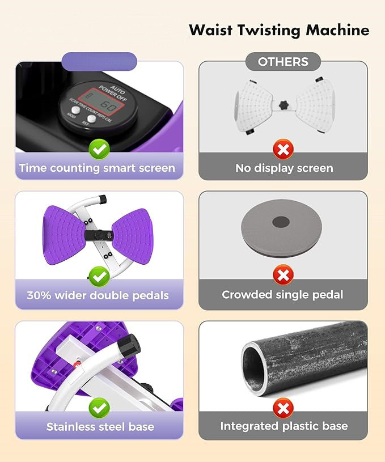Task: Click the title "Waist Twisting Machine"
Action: pyautogui.click(x=279, y=31)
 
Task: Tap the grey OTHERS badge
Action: pyautogui.click(x=283, y=62)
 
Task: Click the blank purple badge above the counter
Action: pyautogui.click(x=100, y=62)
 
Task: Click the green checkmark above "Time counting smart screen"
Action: pyautogui.click(x=99, y=150)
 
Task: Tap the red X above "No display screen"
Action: pyautogui.click(x=283, y=149)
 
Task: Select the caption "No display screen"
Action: pyautogui.click(x=284, y=168)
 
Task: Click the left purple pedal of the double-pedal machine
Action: pyautogui.click(x=64, y=235)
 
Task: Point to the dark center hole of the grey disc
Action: pyautogui.click(x=281, y=222)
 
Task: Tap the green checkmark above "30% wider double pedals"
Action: pyautogui.click(x=99, y=277)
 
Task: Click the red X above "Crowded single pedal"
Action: pyautogui.click(x=283, y=274)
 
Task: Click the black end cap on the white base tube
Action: pyautogui.click(x=129, y=346)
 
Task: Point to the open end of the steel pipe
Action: pyautogui.click(x=254, y=368)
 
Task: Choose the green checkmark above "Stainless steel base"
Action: pyautogui.click(x=99, y=408)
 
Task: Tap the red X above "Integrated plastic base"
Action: pyautogui.click(x=283, y=408)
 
